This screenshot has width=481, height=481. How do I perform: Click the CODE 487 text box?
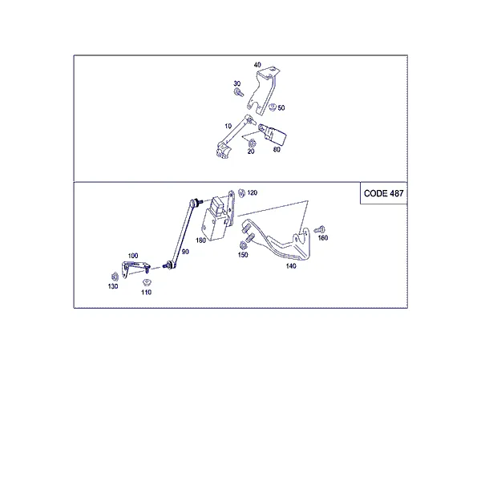383,193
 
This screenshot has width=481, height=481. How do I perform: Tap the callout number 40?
257,65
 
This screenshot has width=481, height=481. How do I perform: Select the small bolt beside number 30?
239,92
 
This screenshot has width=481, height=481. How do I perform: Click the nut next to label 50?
273,107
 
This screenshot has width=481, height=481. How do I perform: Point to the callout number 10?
228,126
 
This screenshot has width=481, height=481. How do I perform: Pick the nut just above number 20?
253,143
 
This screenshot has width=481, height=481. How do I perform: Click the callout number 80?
277,149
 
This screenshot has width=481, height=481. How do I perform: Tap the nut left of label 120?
242,193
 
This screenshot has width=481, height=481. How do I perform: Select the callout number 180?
200,240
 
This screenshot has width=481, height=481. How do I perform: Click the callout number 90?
185,252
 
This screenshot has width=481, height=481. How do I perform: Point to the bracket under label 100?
135,269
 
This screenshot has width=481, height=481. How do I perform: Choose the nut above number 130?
115,277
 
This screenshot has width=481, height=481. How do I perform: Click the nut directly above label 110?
147,281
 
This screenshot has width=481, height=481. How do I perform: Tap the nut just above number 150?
243,245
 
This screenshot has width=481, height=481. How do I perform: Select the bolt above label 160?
319,229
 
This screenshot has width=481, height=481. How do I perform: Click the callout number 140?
291,266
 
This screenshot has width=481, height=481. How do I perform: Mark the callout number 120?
253,192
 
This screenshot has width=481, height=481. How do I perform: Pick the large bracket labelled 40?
263,91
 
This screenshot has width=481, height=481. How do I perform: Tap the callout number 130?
113,286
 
